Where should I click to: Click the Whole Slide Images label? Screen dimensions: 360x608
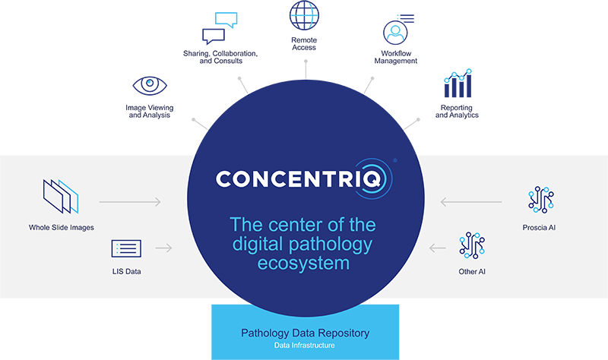tap(62, 227)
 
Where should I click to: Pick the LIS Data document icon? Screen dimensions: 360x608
tap(126, 248)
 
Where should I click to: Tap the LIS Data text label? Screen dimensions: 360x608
tap(127, 271)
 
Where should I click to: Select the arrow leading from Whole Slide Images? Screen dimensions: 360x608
tap(130, 202)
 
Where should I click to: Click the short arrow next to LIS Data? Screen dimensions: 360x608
tap(163, 248)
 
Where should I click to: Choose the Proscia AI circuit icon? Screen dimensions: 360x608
tap(541, 200)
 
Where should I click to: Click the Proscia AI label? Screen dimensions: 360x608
tap(541, 227)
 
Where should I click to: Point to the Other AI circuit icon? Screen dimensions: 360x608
tap(471, 246)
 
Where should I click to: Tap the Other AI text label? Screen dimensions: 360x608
tap(471, 271)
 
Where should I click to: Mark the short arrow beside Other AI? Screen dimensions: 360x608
tap(438, 248)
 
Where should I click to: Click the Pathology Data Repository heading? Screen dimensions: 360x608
tap(303, 333)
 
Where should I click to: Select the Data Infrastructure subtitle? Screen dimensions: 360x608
tap(303, 346)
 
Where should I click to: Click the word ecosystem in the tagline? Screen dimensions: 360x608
tap(303, 264)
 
